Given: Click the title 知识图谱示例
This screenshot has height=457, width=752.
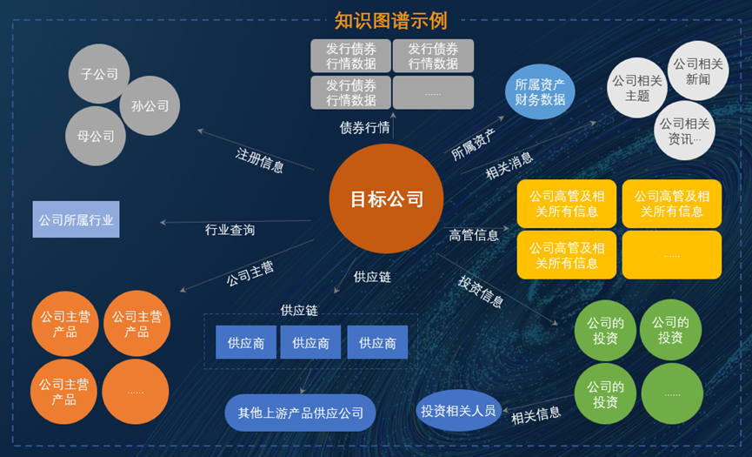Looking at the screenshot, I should point(390,20).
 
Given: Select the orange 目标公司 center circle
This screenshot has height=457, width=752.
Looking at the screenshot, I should point(386,198).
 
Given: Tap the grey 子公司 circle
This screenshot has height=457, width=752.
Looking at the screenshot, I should point(99,74).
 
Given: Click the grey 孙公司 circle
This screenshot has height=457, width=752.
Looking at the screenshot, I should point(150,106).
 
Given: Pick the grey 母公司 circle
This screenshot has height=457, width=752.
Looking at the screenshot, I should point(96,137).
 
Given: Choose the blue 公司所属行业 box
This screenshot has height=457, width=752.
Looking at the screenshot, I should point(77,220).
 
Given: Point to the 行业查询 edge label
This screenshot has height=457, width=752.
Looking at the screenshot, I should point(230,230).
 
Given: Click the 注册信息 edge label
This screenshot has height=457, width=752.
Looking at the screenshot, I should point(259,160).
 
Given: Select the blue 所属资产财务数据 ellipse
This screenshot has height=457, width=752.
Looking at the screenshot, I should point(540,92).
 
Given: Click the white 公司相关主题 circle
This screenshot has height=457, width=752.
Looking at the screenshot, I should point(637,88).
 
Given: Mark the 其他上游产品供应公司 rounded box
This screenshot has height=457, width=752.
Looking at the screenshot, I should point(301,413).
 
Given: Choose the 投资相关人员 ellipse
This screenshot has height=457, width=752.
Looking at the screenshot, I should point(458,410).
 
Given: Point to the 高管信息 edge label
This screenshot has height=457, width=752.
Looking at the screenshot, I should point(474,235).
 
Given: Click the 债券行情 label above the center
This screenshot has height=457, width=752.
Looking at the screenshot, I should point(364,127).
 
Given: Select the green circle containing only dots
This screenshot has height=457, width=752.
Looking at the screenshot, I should point(672,393).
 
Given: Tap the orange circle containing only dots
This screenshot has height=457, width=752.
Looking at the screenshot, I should point(136,392).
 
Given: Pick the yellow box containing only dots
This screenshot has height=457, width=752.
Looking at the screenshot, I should point(671,255).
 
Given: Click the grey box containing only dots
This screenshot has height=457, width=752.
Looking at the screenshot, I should point(433,92).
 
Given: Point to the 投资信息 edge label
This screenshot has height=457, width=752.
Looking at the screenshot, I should point(481,292).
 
